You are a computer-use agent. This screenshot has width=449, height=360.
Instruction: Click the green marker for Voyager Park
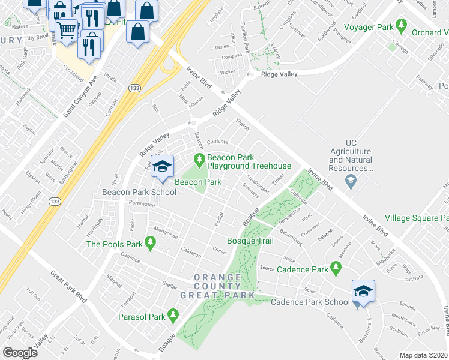tap(402, 27)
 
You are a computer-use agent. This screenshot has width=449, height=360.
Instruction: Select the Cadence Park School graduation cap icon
tap(363, 292)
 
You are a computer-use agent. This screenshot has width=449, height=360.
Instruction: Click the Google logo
tap(20, 353)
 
